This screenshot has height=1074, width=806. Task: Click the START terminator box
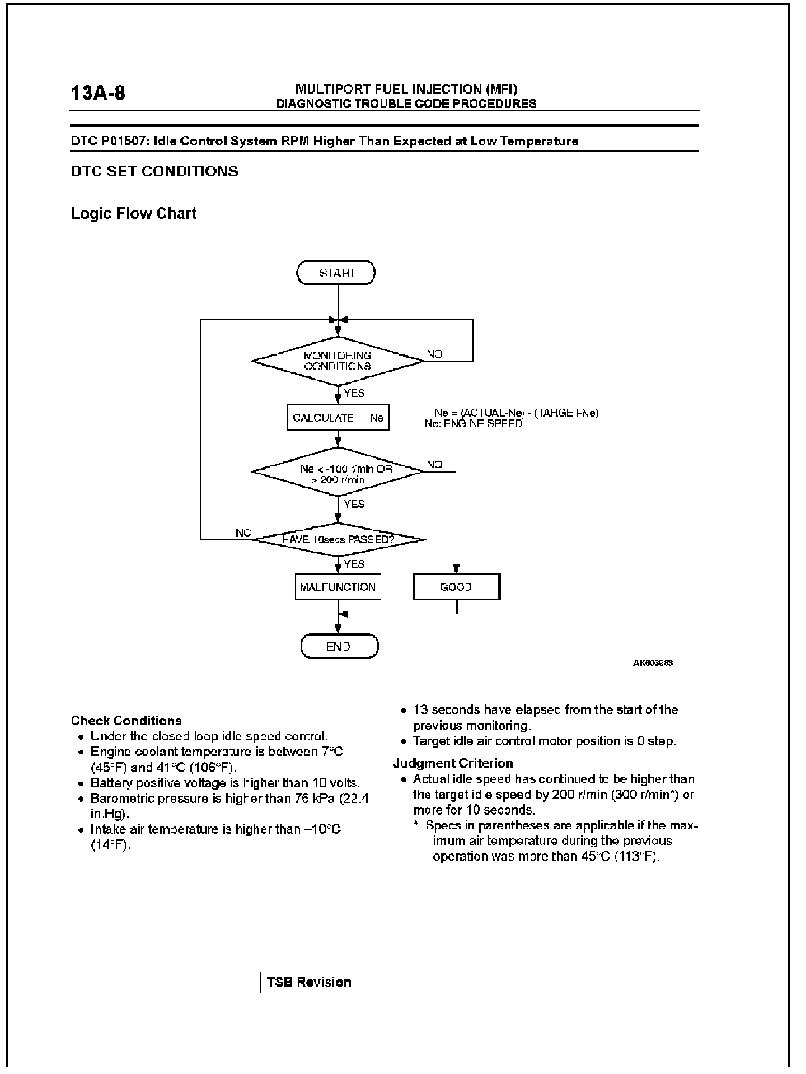click(x=336, y=273)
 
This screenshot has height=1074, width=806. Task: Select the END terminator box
click(x=339, y=647)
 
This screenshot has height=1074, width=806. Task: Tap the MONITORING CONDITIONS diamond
click(x=338, y=361)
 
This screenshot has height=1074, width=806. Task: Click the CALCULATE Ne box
click(x=338, y=418)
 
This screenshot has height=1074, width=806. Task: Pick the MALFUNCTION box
click(x=338, y=587)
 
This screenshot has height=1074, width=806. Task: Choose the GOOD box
click(x=456, y=587)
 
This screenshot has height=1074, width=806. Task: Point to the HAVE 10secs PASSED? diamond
click(x=338, y=540)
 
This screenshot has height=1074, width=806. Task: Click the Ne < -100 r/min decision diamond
click(x=338, y=472)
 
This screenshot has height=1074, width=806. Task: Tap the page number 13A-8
click(x=98, y=93)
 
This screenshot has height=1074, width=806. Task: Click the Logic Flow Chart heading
click(x=134, y=213)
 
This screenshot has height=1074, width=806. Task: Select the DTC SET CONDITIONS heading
click(x=154, y=171)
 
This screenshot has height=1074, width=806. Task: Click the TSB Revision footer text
click(x=309, y=982)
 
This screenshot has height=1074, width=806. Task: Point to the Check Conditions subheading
click(x=126, y=721)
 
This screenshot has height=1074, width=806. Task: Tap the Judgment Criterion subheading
click(x=453, y=763)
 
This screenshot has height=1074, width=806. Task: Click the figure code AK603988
click(x=653, y=663)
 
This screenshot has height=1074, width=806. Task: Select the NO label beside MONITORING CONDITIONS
click(x=434, y=354)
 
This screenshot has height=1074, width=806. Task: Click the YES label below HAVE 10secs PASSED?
click(x=354, y=564)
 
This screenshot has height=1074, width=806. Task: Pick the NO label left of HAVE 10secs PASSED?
click(x=243, y=533)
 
